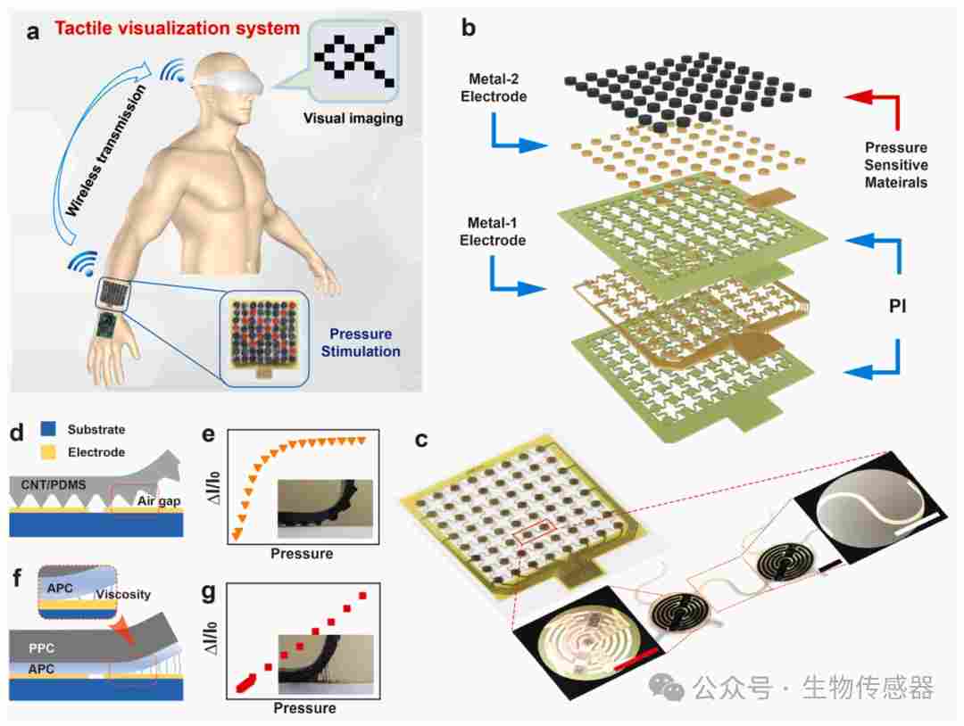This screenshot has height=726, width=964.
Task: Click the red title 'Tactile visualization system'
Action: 177,29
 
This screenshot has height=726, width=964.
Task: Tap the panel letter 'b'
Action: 468,28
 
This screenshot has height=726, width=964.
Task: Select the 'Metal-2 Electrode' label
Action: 493,87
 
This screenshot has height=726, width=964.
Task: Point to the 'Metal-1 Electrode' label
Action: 493,232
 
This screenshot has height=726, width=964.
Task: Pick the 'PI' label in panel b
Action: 897,305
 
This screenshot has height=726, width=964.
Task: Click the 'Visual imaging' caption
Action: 353,119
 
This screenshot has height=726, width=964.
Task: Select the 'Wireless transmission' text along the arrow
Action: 105,151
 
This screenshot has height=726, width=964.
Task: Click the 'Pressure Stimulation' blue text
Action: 361,342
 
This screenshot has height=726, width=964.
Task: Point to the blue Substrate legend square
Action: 48,429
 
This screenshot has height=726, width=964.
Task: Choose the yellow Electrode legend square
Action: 48,452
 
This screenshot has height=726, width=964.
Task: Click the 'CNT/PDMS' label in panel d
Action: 54,485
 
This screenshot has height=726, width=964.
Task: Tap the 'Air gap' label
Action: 159,501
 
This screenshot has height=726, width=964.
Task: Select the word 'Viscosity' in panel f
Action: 123,595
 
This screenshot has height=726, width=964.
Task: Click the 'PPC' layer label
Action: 41,648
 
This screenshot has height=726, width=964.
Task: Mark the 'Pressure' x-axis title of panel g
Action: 304,708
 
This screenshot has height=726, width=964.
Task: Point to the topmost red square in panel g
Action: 362,596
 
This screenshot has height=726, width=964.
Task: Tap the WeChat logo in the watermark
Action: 667,686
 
